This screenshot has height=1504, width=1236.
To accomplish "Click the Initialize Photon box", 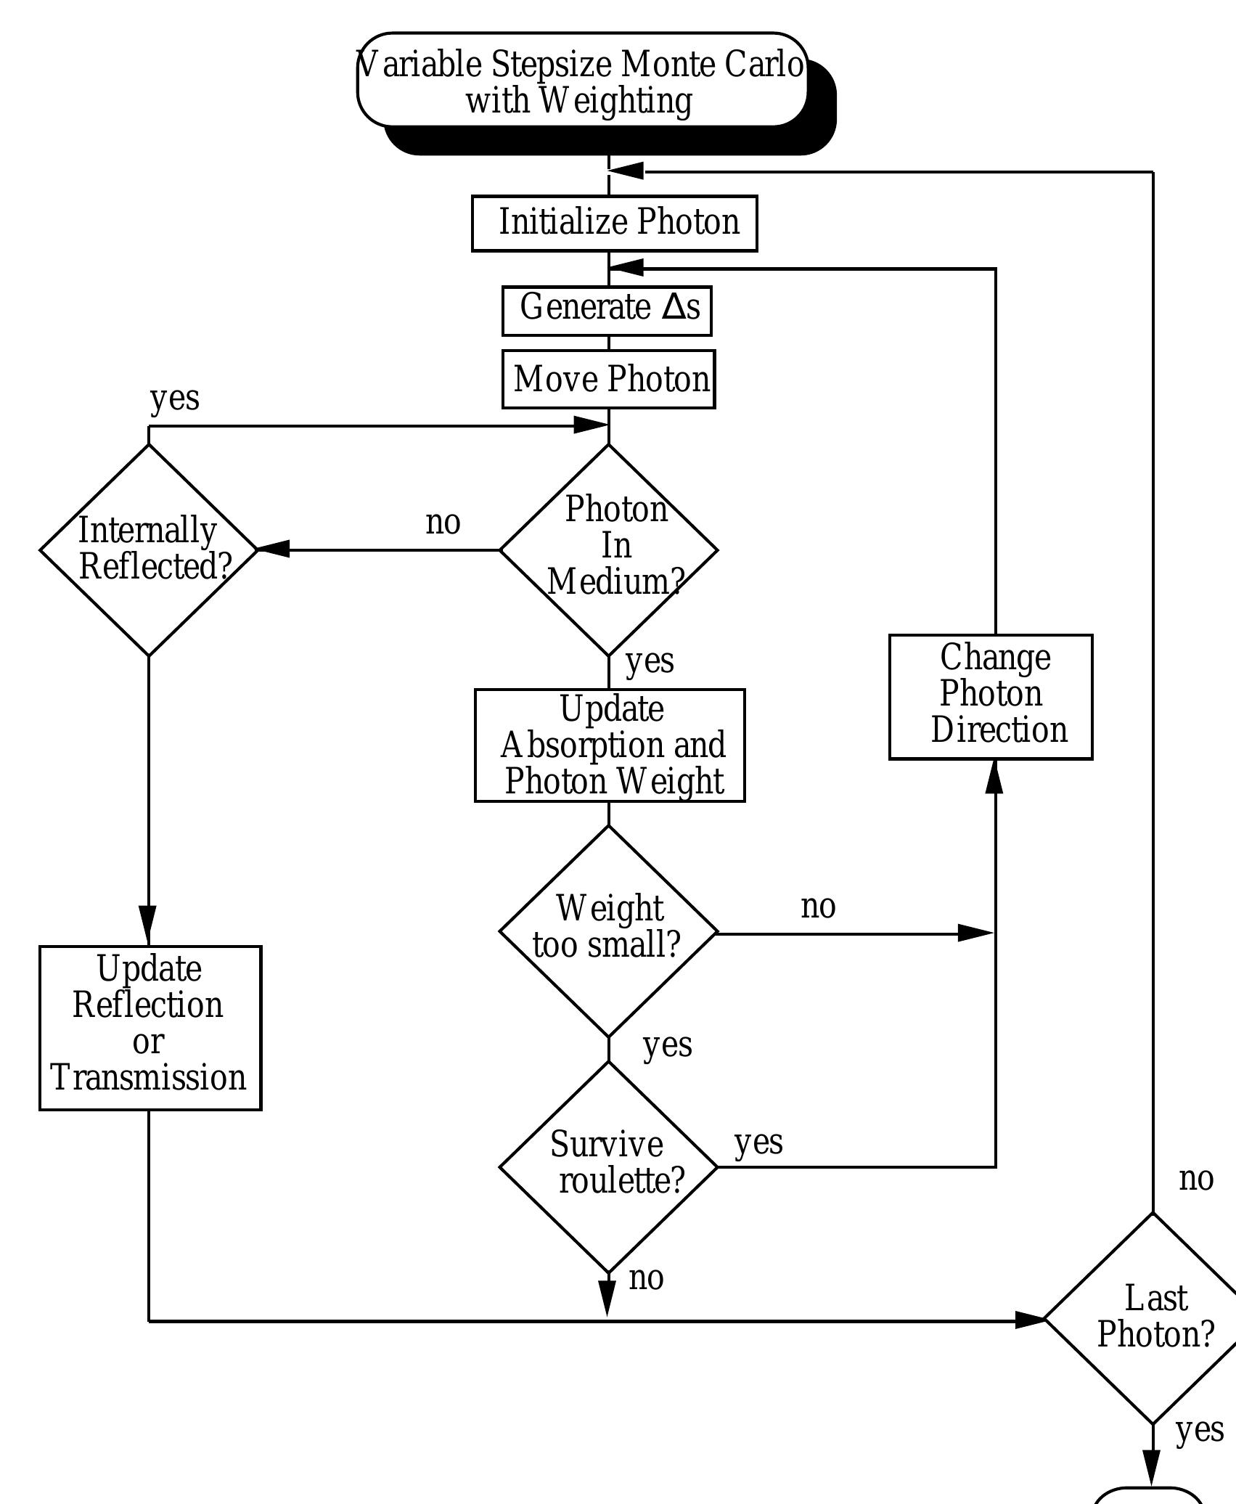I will (614, 223).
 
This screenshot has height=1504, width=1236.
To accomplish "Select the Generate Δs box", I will (607, 310).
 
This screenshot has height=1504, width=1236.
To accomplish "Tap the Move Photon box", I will (608, 379).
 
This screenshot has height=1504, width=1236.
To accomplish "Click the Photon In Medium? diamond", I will (608, 549).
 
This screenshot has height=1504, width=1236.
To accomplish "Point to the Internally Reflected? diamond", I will (148, 549).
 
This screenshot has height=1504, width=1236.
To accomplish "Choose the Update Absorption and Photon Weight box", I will (610, 745).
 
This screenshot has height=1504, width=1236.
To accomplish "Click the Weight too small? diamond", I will (608, 931).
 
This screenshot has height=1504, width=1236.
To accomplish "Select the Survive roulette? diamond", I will (608, 1166).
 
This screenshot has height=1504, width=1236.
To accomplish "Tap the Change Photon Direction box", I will (991, 697).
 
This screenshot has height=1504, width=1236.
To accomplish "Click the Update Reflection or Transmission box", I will (150, 1027).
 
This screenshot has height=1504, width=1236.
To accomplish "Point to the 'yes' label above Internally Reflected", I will (174, 399).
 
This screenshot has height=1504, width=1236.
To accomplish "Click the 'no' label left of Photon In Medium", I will (443, 522).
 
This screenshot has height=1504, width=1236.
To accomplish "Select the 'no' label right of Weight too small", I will (818, 907).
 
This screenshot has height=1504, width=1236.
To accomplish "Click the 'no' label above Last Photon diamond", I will (1195, 1179).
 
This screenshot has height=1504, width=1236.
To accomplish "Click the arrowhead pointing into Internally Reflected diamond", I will (274, 549).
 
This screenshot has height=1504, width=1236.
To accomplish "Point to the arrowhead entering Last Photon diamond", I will (1029, 1320).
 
